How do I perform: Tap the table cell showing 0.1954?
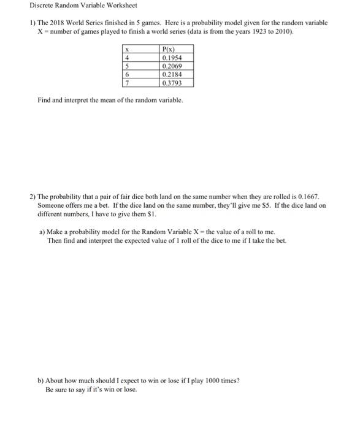[171, 58]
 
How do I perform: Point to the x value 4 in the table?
[126, 58]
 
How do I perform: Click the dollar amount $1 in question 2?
[147, 214]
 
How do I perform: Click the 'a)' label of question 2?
[40, 232]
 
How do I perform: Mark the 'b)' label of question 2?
[40, 380]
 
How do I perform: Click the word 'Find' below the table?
[44, 100]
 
